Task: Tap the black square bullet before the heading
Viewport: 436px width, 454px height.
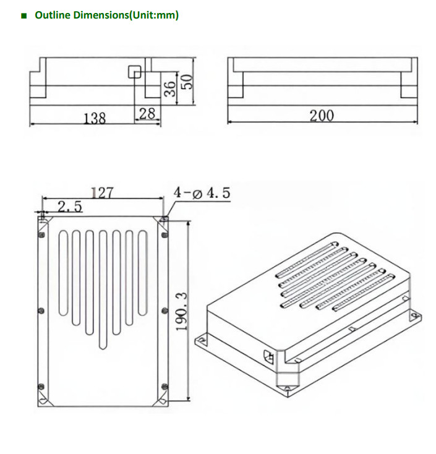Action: (24, 15)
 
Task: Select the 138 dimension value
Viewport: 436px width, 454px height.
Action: (95, 117)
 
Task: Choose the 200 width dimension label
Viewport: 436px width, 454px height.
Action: (322, 115)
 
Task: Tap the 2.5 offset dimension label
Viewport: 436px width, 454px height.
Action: (69, 207)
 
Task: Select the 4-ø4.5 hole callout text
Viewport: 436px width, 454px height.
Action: (202, 193)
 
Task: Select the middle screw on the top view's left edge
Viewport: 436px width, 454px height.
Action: (41, 310)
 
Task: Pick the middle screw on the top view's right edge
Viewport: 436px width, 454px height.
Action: (164, 310)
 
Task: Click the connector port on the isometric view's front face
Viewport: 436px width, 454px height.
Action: (268, 356)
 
